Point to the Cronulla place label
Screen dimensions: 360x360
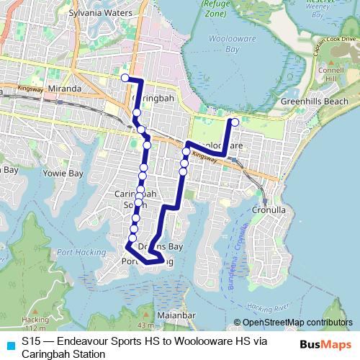pyautogui.click(x=270, y=210)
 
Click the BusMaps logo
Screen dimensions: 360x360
pyautogui.click(x=326, y=344)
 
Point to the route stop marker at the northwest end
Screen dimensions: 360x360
pyautogui.click(x=125, y=78)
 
